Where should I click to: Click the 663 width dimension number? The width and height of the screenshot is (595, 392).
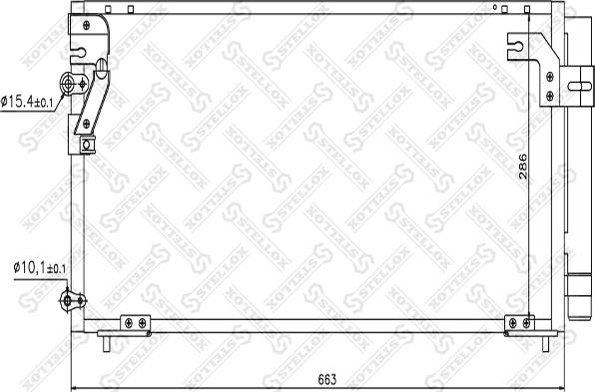click(326, 379)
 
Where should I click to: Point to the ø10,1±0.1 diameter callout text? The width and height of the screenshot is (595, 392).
click(39, 268)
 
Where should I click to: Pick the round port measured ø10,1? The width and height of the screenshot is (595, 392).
click(68, 298)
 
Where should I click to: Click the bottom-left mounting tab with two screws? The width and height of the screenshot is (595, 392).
click(135, 323)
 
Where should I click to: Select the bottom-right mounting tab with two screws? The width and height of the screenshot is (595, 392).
click(519, 323)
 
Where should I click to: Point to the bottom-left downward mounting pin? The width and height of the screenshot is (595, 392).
click(106, 344)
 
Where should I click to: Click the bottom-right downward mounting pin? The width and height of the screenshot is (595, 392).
click(546, 344)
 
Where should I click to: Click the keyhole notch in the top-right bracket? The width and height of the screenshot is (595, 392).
click(516, 43)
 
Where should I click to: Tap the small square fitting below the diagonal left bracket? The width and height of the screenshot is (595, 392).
click(88, 145)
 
